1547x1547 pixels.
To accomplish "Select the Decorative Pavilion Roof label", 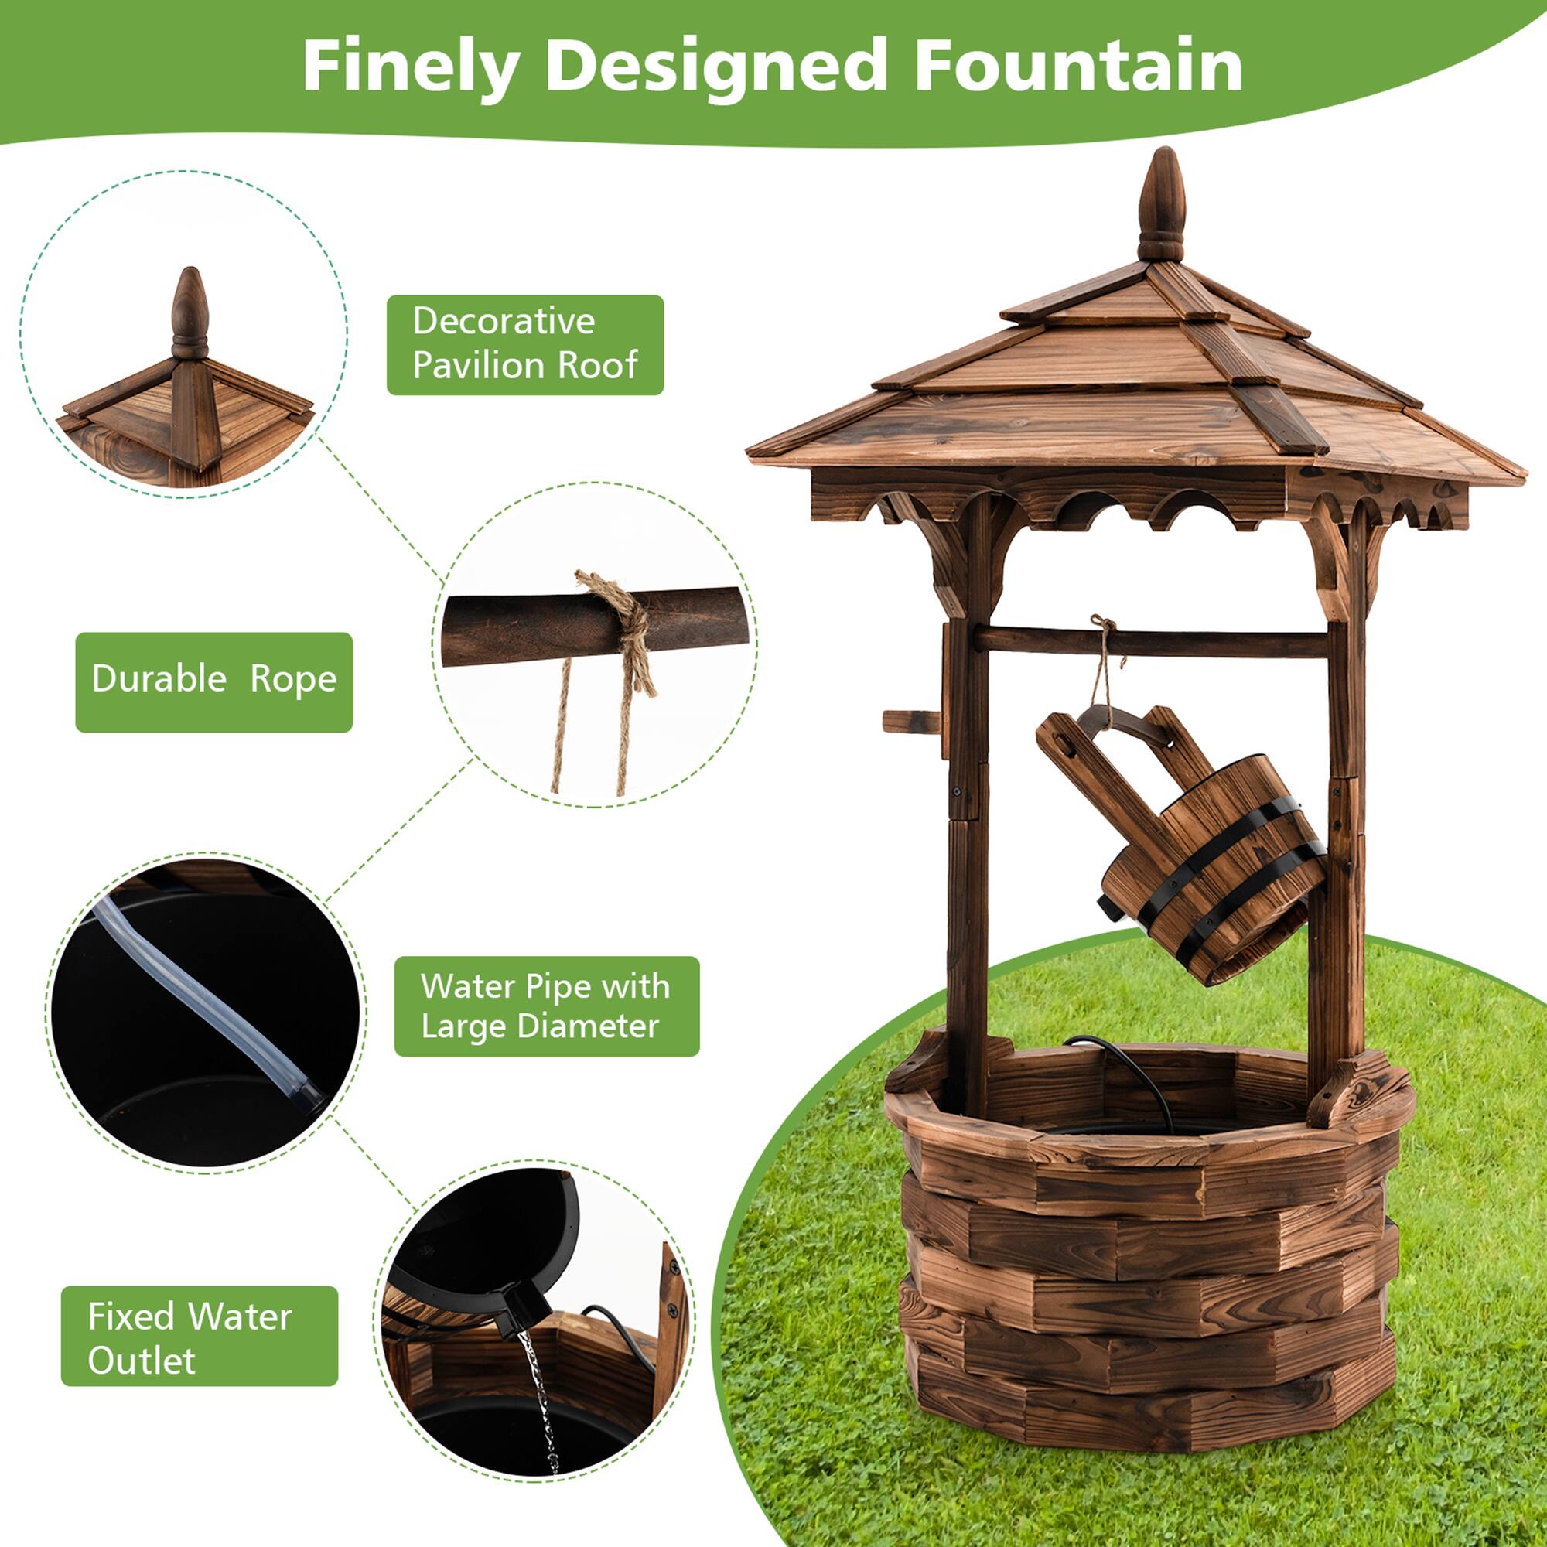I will (524, 344).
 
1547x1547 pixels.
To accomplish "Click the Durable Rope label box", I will (213, 682).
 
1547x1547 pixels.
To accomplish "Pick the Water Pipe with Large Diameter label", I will (546, 1006).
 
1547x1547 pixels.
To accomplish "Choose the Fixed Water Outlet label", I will (200, 1338).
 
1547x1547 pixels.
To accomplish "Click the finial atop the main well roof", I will (1161, 207).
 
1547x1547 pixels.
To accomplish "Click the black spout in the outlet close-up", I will (521, 1313).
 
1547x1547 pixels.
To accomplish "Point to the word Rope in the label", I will (293, 682).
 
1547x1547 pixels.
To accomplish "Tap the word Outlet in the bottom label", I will (142, 1361).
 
